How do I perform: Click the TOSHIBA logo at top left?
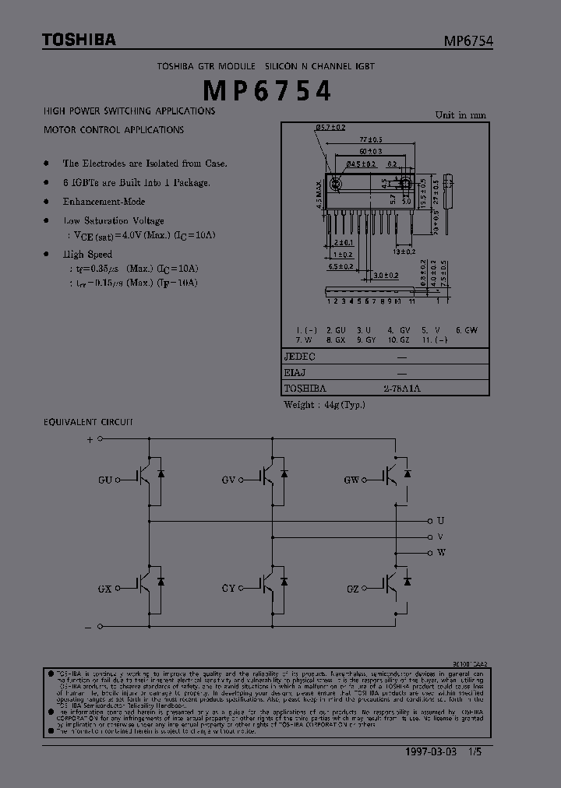click(79, 40)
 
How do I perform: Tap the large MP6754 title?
click(267, 91)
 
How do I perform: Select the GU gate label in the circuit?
click(105, 480)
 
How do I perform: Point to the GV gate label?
click(228, 480)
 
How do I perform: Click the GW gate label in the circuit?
click(351, 480)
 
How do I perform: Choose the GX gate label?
click(105, 589)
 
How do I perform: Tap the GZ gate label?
click(352, 589)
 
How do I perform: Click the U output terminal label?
click(440, 520)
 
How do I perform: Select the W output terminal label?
click(441, 552)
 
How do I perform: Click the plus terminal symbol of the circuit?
click(89, 439)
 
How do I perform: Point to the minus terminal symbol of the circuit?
click(89, 626)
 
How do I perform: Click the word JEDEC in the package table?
click(300, 356)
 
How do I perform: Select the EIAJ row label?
click(296, 372)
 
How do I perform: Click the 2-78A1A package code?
click(402, 388)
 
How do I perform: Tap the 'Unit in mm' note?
click(460, 114)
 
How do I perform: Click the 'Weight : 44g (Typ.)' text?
click(324, 404)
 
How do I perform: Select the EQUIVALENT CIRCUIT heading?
click(88, 421)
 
